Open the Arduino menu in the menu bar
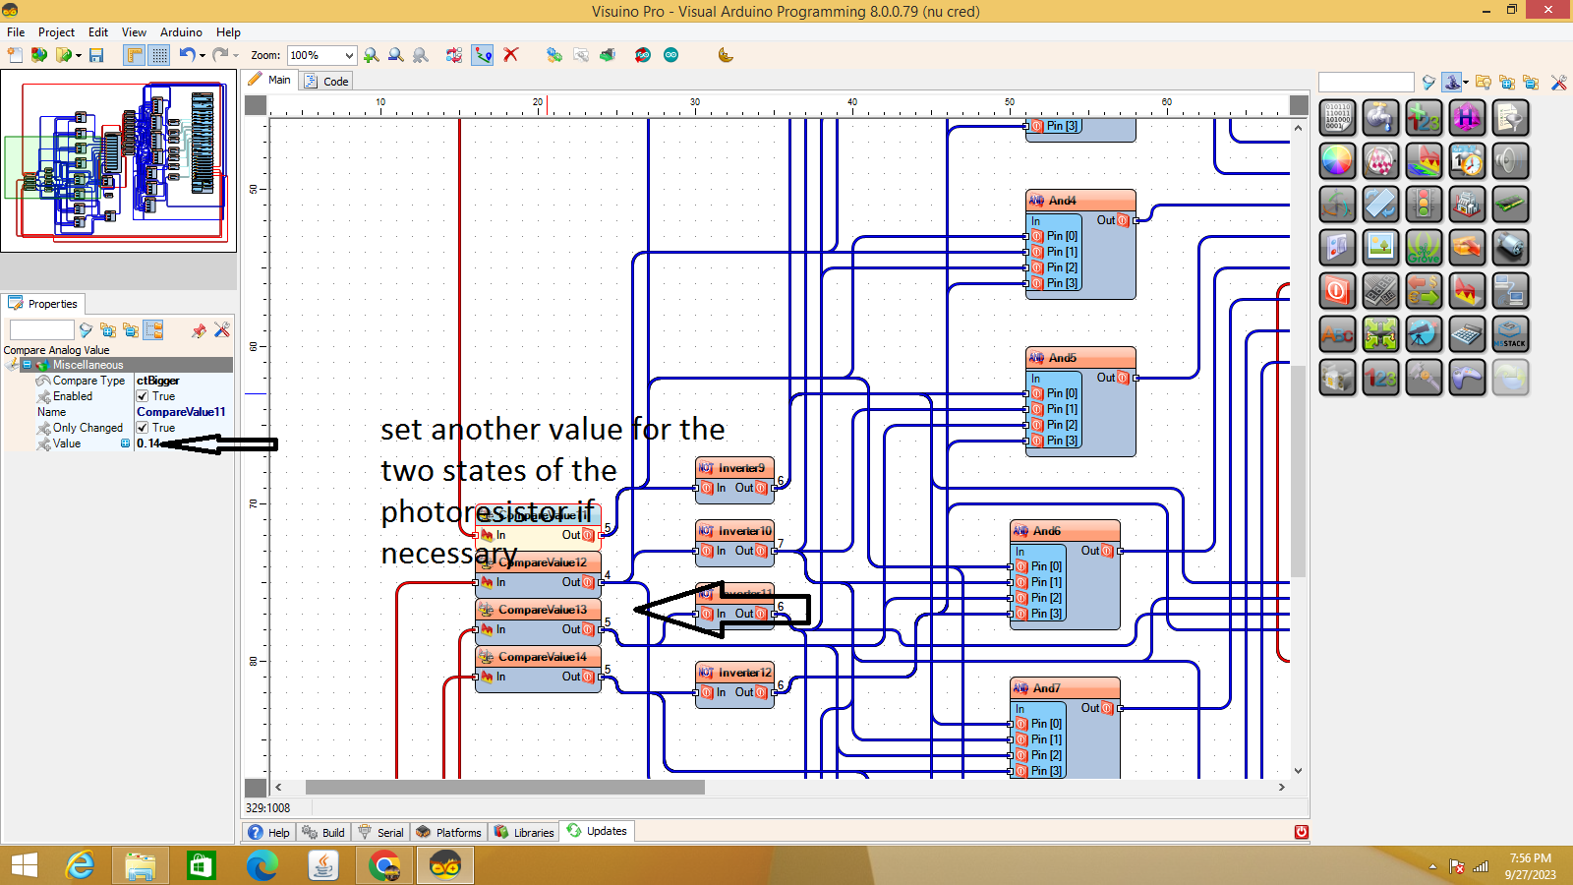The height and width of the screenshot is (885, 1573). pos(181,32)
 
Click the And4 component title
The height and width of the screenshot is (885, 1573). pos(1062,201)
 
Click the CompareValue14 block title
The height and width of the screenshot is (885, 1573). pos(542,657)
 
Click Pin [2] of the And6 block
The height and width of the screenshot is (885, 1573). pos(1046,598)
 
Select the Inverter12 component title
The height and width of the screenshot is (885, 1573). pos(744,673)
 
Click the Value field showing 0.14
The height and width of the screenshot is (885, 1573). pos(182,443)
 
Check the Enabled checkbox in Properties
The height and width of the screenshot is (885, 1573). pos(143,396)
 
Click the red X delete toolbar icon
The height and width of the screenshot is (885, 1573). pos(511,55)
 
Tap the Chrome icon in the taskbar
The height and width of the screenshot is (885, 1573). pos(384,865)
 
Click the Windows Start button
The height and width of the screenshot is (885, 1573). pos(24,865)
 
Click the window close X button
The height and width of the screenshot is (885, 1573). pos(1549,10)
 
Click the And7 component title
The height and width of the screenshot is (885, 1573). pos(1046,688)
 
